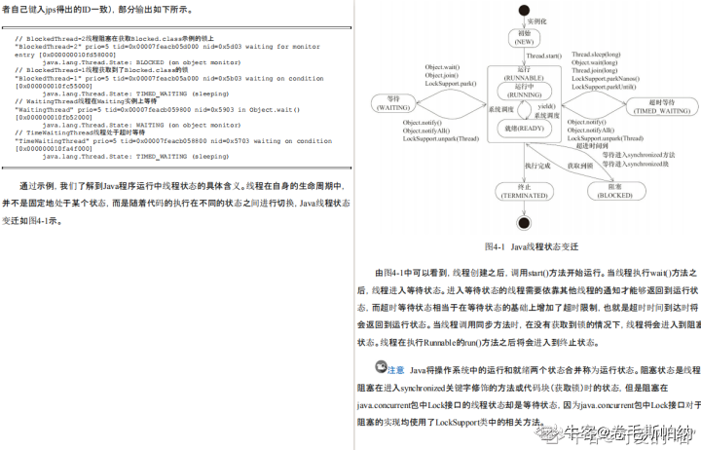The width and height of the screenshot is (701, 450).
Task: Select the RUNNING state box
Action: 526,92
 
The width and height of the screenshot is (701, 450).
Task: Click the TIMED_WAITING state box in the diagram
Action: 666,105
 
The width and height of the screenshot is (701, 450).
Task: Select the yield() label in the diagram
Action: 548,105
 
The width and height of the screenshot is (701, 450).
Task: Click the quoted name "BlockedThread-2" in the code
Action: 44,46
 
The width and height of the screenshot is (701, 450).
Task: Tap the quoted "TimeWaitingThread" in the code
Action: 49,141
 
